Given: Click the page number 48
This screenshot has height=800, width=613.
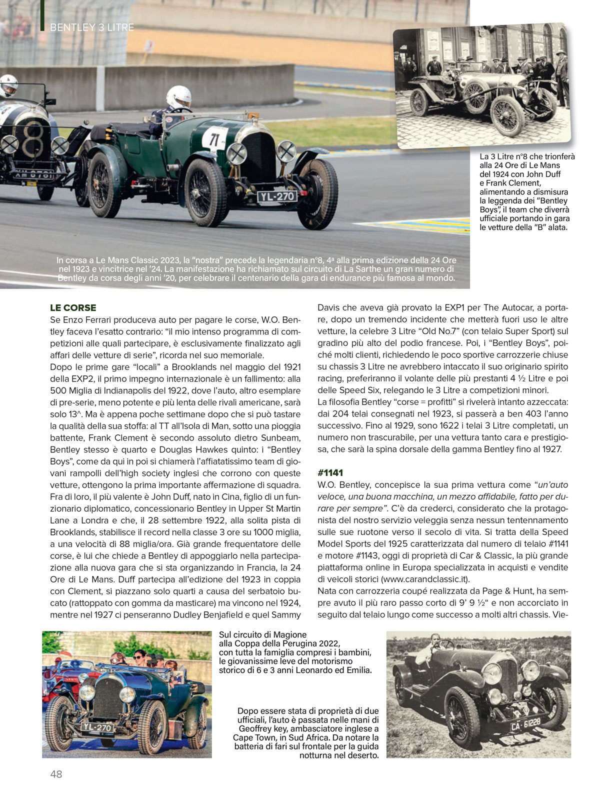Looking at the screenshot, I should pyautogui.click(x=56, y=774).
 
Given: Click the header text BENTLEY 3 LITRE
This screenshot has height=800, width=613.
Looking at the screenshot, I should pyautogui.click(x=92, y=27).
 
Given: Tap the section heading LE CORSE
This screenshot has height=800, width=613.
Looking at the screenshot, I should pyautogui.click(x=73, y=307).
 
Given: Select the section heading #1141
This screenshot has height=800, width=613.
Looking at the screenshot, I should pyautogui.click(x=330, y=472).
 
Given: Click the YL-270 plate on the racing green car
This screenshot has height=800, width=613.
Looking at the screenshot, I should pyautogui.click(x=277, y=197).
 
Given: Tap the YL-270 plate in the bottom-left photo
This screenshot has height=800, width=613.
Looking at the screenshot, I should pyautogui.click(x=97, y=728).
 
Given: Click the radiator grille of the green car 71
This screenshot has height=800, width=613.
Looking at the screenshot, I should pyautogui.click(x=259, y=156).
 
